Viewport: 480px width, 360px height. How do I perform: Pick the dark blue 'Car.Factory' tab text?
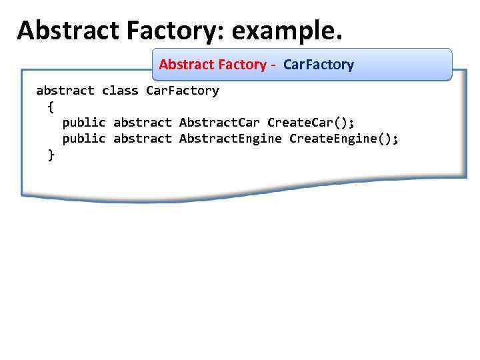tap(319, 65)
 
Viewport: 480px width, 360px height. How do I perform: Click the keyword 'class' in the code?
tap(120, 91)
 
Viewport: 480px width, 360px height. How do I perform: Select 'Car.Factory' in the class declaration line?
tap(182, 91)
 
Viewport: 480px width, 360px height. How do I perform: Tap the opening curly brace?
tap(51, 107)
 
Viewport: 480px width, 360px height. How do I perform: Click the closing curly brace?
tap(51, 155)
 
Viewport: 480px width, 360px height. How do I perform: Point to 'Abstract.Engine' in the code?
tap(230, 139)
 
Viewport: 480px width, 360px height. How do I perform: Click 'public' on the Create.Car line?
tap(84, 123)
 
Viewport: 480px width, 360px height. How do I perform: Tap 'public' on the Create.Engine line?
tap(84, 139)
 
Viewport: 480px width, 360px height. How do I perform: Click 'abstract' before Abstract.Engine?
tap(142, 139)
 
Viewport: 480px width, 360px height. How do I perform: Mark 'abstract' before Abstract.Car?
tap(142, 123)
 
